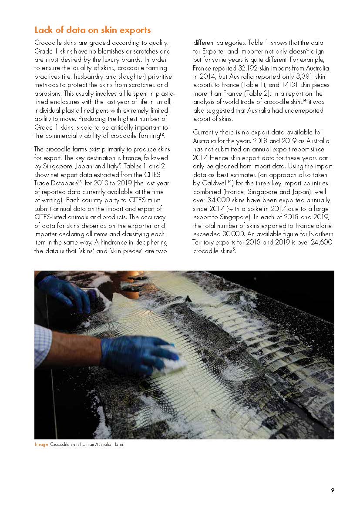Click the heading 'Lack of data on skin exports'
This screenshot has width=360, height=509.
[x=92, y=30]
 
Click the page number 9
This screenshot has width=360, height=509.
[x=333, y=490]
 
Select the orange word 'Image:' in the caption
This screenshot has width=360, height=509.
[x=42, y=445]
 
